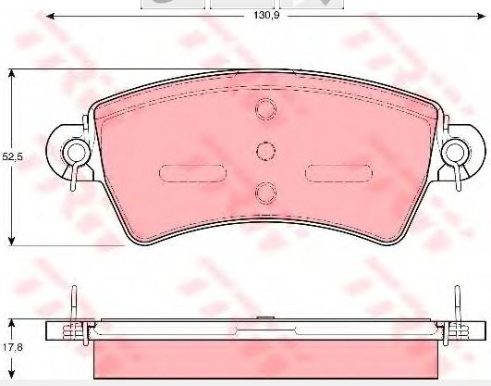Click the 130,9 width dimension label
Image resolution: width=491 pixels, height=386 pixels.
tap(266, 15)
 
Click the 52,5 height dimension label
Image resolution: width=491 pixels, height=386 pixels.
tap(13, 156)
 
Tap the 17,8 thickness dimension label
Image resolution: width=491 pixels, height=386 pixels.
tap(13, 347)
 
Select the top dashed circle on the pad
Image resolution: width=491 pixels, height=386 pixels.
tap(266, 109)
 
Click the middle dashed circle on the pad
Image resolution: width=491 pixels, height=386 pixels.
tap(266, 151)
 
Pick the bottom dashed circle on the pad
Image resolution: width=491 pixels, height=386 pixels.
tap(266, 193)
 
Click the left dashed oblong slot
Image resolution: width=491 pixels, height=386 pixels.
tap(192, 173)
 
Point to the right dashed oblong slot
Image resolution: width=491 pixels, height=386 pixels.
tap(338, 173)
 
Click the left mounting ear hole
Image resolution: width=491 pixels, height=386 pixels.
tap(76, 152)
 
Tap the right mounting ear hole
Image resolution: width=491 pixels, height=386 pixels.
tap(456, 152)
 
